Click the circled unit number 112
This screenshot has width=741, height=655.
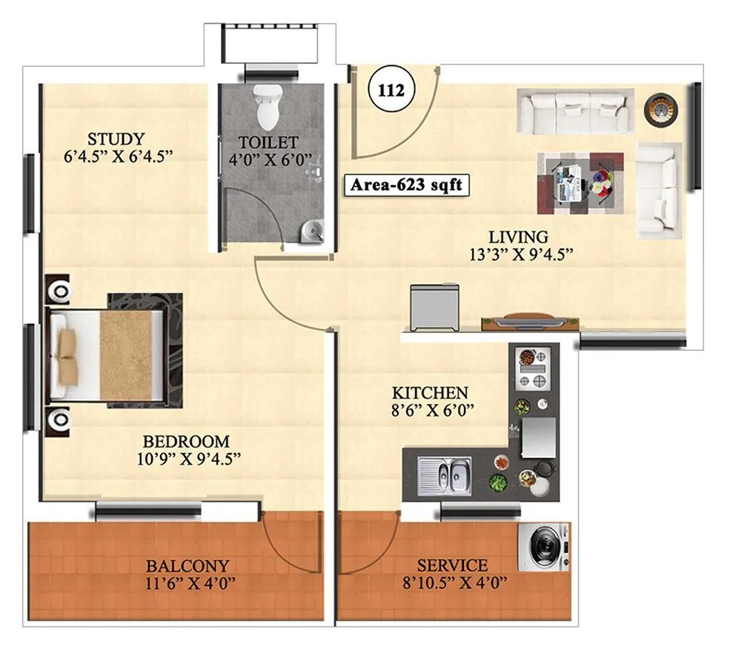point(391,90)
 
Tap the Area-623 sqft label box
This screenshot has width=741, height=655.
point(406,184)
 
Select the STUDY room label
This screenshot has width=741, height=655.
point(116,139)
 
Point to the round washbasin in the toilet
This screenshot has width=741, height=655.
point(312,232)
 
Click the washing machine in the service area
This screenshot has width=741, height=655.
point(544,547)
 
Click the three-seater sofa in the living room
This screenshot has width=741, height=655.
point(574,111)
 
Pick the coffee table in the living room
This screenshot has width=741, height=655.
point(580,182)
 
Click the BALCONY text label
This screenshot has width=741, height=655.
point(187,565)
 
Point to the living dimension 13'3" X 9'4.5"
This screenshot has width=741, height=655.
point(518,254)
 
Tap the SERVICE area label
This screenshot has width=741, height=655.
point(452,565)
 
